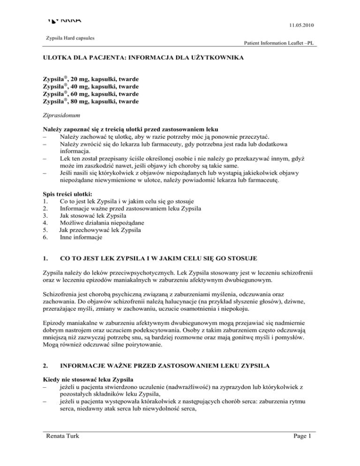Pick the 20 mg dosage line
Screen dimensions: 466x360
91,79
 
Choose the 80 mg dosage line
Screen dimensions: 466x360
91,102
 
